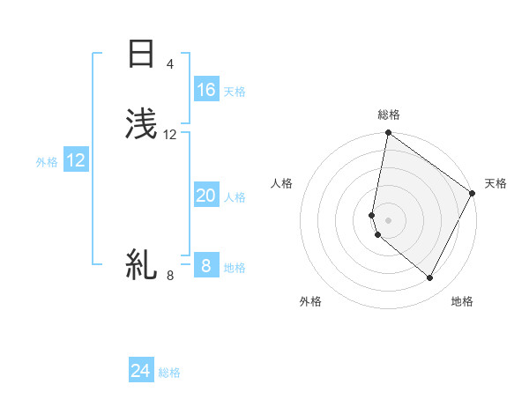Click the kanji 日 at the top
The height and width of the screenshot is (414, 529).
click(141, 54)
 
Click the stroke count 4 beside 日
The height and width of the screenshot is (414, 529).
click(169, 64)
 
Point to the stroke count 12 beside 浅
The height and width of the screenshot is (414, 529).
click(170, 135)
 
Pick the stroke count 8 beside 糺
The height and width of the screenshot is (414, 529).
click(170, 276)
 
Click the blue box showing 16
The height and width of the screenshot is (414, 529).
click(206, 90)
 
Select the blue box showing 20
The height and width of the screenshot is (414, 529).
click(206, 196)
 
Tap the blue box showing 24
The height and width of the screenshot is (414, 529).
click(141, 371)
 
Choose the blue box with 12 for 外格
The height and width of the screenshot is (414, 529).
click(76, 160)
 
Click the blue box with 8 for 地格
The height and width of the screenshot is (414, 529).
click(206, 265)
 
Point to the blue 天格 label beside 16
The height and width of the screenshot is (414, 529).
click(235, 92)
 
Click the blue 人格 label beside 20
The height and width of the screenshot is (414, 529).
click(235, 197)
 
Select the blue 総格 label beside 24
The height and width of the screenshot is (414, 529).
click(169, 373)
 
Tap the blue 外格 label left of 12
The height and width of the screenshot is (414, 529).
click(47, 162)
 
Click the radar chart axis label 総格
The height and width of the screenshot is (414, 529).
click(389, 115)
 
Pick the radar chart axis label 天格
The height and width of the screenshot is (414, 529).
click(495, 183)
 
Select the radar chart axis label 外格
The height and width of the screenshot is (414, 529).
click(310, 301)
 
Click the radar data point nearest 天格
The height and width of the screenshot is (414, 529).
click(473, 194)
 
